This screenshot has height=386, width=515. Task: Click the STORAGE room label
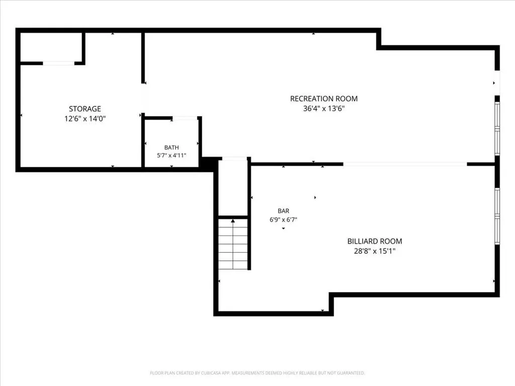coord(84,109)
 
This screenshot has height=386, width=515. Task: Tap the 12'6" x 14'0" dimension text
coord(84,119)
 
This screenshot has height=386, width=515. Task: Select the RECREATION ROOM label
coord(324,99)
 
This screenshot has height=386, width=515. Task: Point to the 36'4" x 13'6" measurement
coord(324,109)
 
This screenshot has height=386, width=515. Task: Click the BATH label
coord(171,147)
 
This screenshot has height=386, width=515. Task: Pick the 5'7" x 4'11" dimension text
coord(171,155)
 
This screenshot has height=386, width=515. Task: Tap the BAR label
coord(284,211)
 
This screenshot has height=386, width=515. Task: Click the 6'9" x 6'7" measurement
coord(284,220)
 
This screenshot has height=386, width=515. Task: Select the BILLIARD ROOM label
coord(375,241)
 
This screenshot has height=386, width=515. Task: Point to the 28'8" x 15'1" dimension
coord(375,251)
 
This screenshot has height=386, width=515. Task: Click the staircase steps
coord(233,244)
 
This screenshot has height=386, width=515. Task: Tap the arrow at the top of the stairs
coord(233,221)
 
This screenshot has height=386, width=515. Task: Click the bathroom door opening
coord(185,118)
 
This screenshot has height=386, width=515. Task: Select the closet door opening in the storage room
coord(59,63)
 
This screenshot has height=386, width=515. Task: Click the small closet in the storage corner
coord(51,47)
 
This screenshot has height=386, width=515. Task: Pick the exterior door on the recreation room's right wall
coord(497,83)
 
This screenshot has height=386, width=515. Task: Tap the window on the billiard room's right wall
coord(497,216)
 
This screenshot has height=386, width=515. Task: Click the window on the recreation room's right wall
coord(497,128)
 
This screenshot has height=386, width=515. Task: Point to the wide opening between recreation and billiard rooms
coord(405,164)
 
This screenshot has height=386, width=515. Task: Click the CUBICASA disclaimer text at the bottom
coord(257,373)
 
